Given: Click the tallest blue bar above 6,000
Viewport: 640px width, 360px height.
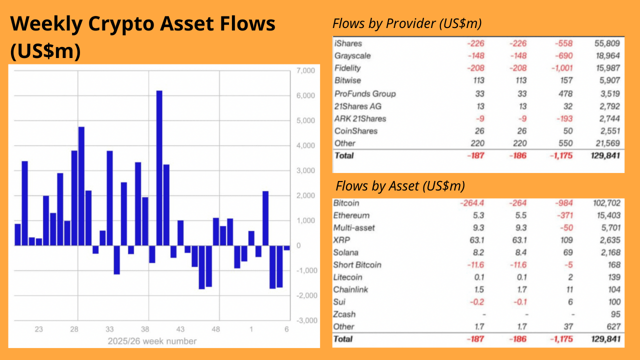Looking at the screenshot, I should tap(159, 167).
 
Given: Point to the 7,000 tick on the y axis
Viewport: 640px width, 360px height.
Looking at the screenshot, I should tap(305, 70).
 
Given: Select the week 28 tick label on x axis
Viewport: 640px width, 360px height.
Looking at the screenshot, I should tap(74, 329).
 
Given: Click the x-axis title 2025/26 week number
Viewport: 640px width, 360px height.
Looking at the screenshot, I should tap(152, 341).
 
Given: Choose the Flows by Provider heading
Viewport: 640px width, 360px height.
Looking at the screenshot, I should tap(406, 23).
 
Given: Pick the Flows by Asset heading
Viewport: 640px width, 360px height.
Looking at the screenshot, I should tap(400, 186).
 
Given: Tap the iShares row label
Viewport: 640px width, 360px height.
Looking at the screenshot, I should tap(348, 43).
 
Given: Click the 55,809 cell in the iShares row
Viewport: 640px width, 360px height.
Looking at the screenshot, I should tap(606, 43).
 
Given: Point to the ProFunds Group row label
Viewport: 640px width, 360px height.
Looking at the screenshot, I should tap(365, 93).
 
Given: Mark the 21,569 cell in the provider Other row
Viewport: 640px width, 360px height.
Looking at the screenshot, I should tap(606, 143).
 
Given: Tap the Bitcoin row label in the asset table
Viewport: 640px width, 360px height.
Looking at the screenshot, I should tap(346, 203).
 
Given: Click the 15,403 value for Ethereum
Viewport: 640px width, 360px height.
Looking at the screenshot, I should tap(606, 215).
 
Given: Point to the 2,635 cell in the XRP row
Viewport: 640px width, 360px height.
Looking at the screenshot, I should tap(609, 240).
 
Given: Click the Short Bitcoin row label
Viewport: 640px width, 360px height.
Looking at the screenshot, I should tap(357, 264).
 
